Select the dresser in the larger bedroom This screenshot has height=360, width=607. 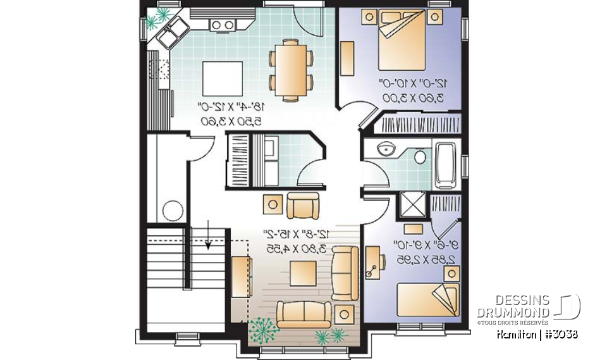point(347,58)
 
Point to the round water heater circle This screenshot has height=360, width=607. point(173,209)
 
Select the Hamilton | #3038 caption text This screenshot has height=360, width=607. point(536,333)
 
